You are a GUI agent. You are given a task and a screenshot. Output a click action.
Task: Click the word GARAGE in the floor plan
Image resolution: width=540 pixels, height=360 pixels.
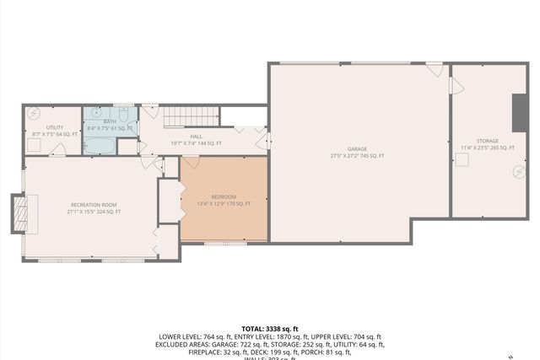tap(358, 149)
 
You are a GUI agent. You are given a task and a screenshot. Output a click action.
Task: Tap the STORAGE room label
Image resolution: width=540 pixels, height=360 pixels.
tap(487, 141)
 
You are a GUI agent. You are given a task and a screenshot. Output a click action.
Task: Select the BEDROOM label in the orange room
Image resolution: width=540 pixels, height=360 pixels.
tap(224, 196)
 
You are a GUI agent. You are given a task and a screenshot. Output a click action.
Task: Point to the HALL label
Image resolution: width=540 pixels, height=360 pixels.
tap(196, 137)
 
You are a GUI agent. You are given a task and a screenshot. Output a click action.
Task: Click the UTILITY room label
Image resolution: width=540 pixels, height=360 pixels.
tap(42, 127)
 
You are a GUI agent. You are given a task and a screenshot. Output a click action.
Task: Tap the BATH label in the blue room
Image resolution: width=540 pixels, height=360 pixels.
tap(110, 121)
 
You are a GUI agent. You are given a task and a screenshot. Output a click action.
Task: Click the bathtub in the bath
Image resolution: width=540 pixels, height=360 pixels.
tap(100, 146)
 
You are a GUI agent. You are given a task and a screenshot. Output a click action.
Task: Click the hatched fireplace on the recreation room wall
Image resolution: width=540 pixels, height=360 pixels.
tap(18, 213)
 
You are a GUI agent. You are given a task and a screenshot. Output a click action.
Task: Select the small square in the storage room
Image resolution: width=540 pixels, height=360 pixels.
tap(462, 164)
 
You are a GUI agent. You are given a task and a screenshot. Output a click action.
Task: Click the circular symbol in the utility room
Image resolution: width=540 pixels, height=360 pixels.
tap(35, 112)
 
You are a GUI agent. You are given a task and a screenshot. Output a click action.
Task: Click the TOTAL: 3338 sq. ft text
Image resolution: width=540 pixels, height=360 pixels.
tap(269, 328)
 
